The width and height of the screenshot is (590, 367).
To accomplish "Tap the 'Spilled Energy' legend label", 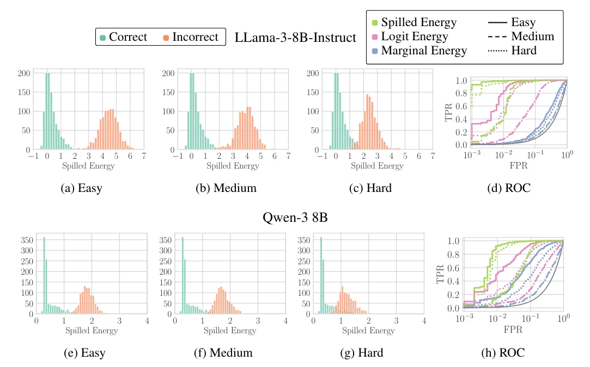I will coord(418,22).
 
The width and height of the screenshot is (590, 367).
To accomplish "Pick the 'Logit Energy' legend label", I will coord(414,36).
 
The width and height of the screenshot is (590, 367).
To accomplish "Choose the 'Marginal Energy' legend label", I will coord(424,51).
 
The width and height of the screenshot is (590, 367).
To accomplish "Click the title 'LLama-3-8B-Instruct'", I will coord(296,38).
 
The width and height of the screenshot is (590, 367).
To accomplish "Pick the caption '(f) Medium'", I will coord(223,352).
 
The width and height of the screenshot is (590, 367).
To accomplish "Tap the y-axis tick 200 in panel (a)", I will coord(23,73).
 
